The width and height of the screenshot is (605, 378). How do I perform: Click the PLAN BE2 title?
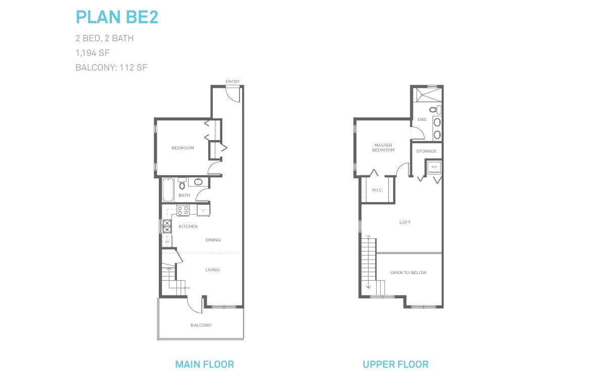(x=117, y=17)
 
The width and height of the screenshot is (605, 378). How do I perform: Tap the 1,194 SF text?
(x=92, y=53)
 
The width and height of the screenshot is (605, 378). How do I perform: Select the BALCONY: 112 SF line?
(x=111, y=68)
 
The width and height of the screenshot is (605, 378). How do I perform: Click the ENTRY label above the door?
(x=232, y=82)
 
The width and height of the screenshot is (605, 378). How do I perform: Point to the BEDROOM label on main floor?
(x=183, y=148)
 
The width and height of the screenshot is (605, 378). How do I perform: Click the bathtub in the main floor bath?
(x=168, y=190)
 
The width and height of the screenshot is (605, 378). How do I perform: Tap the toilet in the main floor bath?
(x=182, y=183)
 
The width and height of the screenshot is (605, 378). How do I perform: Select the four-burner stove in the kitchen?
(x=183, y=211)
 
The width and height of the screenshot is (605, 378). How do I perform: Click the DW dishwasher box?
(x=167, y=241)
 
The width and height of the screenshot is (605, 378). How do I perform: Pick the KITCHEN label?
(x=188, y=226)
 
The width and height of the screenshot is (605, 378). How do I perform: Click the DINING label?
(x=213, y=240)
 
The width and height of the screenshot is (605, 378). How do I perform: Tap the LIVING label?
(x=213, y=270)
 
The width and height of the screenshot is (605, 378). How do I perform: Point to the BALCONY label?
(x=201, y=326)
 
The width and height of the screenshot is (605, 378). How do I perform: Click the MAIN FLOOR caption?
(x=205, y=364)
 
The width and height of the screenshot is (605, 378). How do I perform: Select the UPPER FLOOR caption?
(x=396, y=364)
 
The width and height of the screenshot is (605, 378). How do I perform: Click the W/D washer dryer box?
(x=434, y=167)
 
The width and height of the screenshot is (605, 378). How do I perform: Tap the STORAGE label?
(x=427, y=151)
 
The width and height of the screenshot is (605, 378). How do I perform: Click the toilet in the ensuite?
(x=435, y=110)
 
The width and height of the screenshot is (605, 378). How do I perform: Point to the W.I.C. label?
(x=377, y=190)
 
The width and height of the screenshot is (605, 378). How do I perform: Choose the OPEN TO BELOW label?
(x=408, y=273)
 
